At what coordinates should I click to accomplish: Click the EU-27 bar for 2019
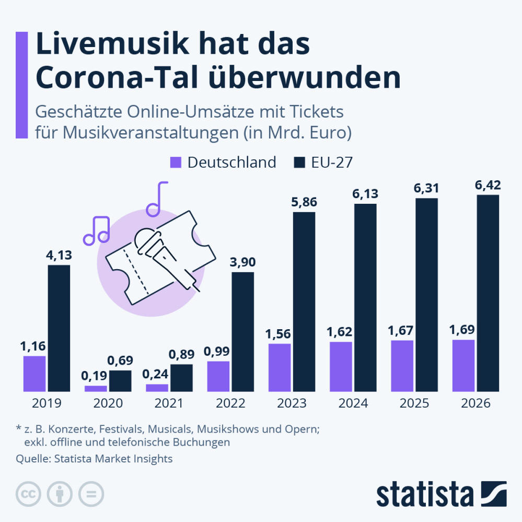(x=59, y=328)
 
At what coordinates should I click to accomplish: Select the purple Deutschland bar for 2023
(x=280, y=367)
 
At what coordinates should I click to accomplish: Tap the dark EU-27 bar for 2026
(x=488, y=293)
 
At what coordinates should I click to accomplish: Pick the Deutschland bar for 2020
(x=96, y=388)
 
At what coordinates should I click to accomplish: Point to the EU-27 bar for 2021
(x=181, y=378)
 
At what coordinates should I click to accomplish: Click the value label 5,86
(x=304, y=202)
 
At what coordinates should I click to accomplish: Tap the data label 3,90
(x=242, y=262)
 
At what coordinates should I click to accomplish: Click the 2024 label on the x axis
(x=353, y=403)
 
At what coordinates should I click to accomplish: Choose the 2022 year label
(x=230, y=403)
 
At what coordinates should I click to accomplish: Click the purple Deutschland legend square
(x=176, y=163)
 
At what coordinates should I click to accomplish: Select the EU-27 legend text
(x=332, y=163)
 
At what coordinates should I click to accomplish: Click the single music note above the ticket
(x=157, y=199)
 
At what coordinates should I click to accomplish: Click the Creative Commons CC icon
(x=29, y=493)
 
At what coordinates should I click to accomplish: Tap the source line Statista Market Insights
(x=94, y=459)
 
